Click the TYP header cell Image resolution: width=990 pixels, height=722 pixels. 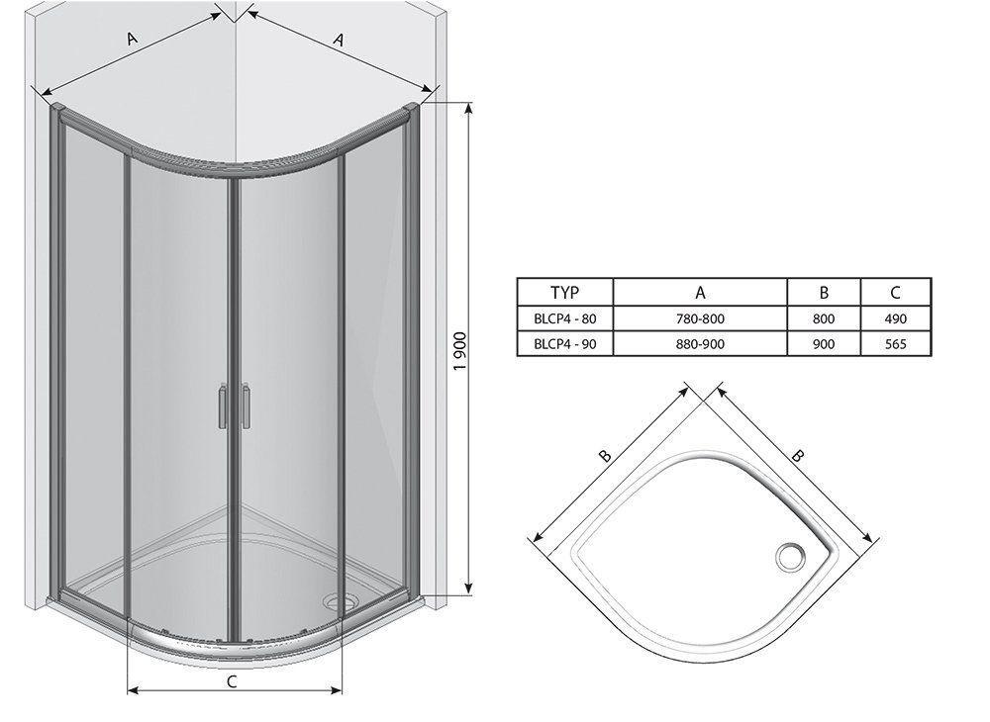pyautogui.click(x=564, y=293)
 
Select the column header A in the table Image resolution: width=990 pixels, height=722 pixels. pyautogui.click(x=700, y=293)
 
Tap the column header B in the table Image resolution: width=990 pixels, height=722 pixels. pyautogui.click(x=824, y=293)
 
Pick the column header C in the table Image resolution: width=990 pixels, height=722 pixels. pyautogui.click(x=895, y=293)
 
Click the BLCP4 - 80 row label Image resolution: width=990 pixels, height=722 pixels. pyautogui.click(x=564, y=319)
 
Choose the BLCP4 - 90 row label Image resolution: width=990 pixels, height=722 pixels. pyautogui.click(x=564, y=344)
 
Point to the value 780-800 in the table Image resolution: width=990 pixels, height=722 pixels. pyautogui.click(x=700, y=319)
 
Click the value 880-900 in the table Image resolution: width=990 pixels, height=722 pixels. pyautogui.click(x=700, y=344)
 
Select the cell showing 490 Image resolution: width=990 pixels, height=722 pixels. pyautogui.click(x=895, y=319)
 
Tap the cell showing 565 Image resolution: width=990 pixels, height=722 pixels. pyautogui.click(x=895, y=344)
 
